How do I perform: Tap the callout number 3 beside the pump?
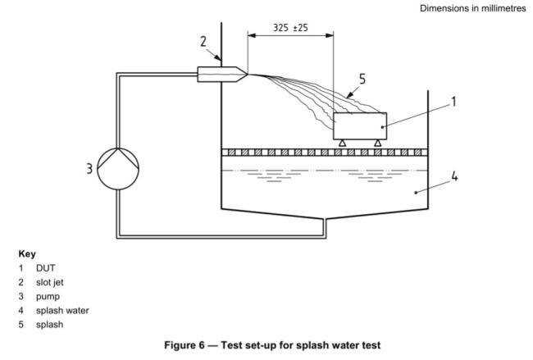click(89, 171)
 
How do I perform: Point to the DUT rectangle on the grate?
click(360, 125)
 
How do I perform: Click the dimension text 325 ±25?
click(291, 28)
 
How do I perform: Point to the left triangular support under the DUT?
click(342, 143)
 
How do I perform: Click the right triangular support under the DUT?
click(377, 143)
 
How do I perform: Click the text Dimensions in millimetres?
click(470, 7)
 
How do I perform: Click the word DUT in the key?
click(46, 268)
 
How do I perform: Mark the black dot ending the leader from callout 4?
click(416, 193)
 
